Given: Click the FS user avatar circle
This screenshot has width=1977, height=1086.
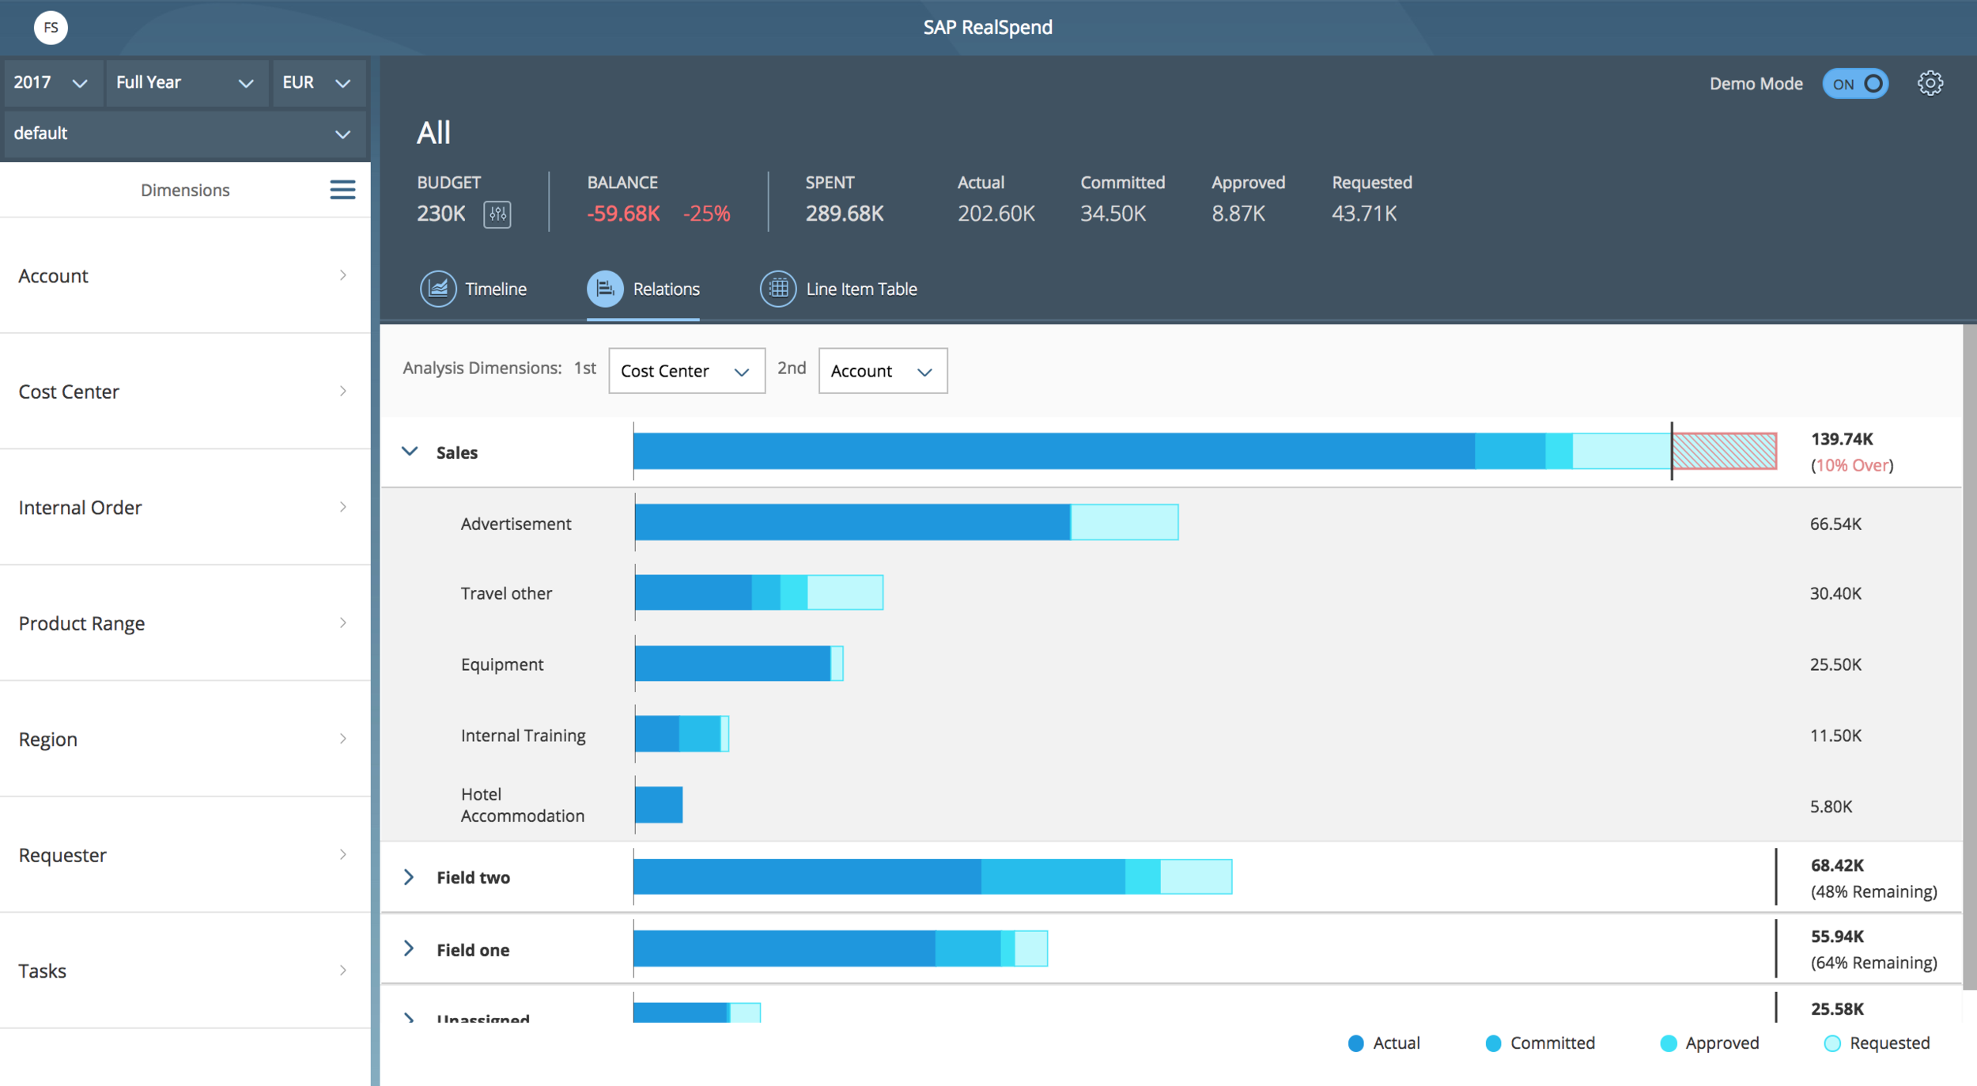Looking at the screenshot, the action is pyautogui.click(x=51, y=28).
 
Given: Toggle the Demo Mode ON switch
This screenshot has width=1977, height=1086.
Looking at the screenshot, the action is pyautogui.click(x=1855, y=84).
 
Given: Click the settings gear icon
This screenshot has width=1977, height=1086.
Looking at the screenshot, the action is pyautogui.click(x=1930, y=83).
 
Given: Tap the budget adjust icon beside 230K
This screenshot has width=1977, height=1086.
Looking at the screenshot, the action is pyautogui.click(x=497, y=214).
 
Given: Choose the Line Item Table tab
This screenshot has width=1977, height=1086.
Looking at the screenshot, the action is pyautogui.click(x=838, y=289).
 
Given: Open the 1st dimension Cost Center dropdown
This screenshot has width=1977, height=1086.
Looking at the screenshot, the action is pyautogui.click(x=686, y=371).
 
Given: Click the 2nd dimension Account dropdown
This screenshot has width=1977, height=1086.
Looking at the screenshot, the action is pyautogui.click(x=883, y=371).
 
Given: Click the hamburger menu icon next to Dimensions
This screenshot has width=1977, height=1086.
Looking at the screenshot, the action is pyautogui.click(x=342, y=190).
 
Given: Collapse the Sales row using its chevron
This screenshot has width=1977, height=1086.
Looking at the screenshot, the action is pyautogui.click(x=410, y=452).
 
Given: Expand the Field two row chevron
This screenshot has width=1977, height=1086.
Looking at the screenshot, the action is pyautogui.click(x=409, y=877).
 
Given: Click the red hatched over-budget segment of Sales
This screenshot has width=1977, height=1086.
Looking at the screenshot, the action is pyautogui.click(x=1725, y=451).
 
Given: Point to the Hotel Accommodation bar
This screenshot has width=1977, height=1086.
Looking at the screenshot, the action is pyautogui.click(x=659, y=805).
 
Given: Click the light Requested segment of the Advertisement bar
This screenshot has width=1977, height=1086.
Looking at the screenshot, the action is pyautogui.click(x=1125, y=522).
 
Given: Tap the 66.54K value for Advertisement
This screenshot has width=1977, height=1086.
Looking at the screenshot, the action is pyautogui.click(x=1835, y=524).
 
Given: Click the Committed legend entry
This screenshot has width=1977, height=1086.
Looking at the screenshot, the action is pyautogui.click(x=1540, y=1043).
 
